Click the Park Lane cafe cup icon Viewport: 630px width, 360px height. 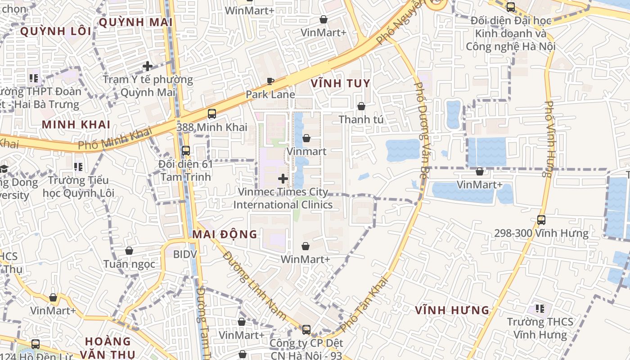[x=270, y=81]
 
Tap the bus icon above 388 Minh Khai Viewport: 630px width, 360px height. [x=212, y=114]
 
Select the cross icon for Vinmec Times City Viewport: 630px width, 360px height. [x=283, y=179]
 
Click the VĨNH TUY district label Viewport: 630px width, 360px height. [x=340, y=83]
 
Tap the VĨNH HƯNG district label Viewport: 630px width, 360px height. [x=452, y=310]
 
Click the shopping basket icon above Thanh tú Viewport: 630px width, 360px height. [x=361, y=106]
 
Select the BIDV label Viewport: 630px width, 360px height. [x=185, y=254]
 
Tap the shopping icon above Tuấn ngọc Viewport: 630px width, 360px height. [x=129, y=251]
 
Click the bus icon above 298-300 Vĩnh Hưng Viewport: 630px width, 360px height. [x=541, y=220]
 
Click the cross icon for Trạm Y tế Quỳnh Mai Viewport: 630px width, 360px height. [x=148, y=66]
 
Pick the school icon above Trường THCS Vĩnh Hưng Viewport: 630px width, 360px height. [x=540, y=309]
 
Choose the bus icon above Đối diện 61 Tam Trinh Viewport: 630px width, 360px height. [x=185, y=151]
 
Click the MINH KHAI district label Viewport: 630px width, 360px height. [x=76, y=125]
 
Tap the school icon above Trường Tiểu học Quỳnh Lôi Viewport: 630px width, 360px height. [x=78, y=167]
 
